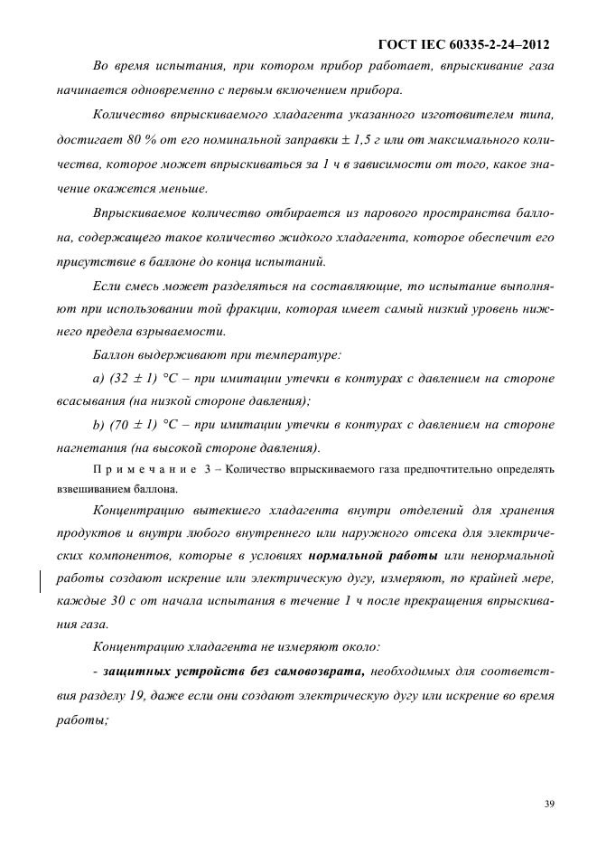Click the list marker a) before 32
(x=100, y=377)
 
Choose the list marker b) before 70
(x=100, y=424)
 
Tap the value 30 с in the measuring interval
(x=147, y=600)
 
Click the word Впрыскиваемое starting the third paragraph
(x=145, y=212)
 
